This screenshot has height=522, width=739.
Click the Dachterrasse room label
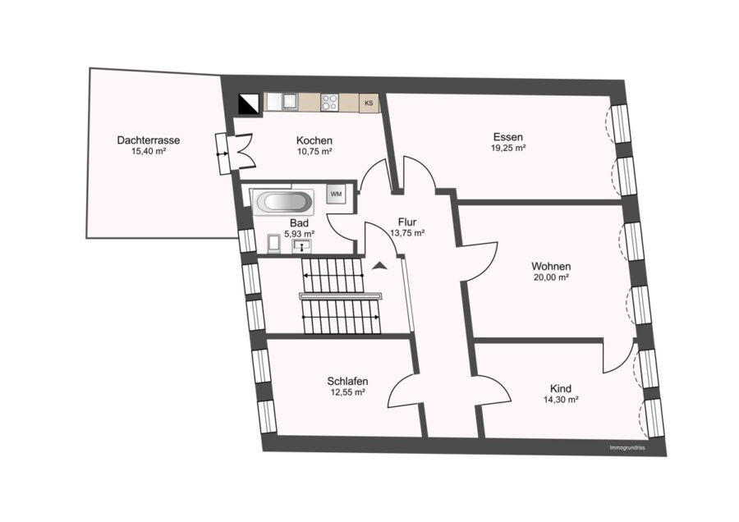pyautogui.click(x=149, y=140)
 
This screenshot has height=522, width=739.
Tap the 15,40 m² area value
pyautogui.click(x=149, y=152)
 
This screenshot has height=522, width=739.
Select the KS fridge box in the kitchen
pyautogui.click(x=369, y=103)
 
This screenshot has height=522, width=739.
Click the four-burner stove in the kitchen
pyautogui.click(x=329, y=103)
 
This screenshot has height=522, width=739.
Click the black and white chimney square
pyautogui.click(x=249, y=104)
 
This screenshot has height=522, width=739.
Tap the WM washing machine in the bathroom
pyautogui.click(x=336, y=194)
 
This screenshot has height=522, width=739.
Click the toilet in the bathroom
pyautogui.click(x=274, y=244)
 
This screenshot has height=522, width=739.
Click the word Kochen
pyautogui.click(x=314, y=140)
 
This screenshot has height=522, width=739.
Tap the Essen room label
pyautogui.click(x=508, y=137)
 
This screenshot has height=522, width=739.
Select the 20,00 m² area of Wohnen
pyautogui.click(x=551, y=277)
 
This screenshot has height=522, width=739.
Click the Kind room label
pyautogui.click(x=561, y=389)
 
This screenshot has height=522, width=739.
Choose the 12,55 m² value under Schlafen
pyautogui.click(x=348, y=392)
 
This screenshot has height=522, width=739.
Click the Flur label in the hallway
pyautogui.click(x=407, y=222)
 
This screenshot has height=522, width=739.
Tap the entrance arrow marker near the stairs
pyautogui.click(x=379, y=266)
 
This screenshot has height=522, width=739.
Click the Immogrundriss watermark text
pyautogui.click(x=627, y=448)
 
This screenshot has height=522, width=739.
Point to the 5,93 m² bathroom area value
pyautogui.click(x=300, y=234)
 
